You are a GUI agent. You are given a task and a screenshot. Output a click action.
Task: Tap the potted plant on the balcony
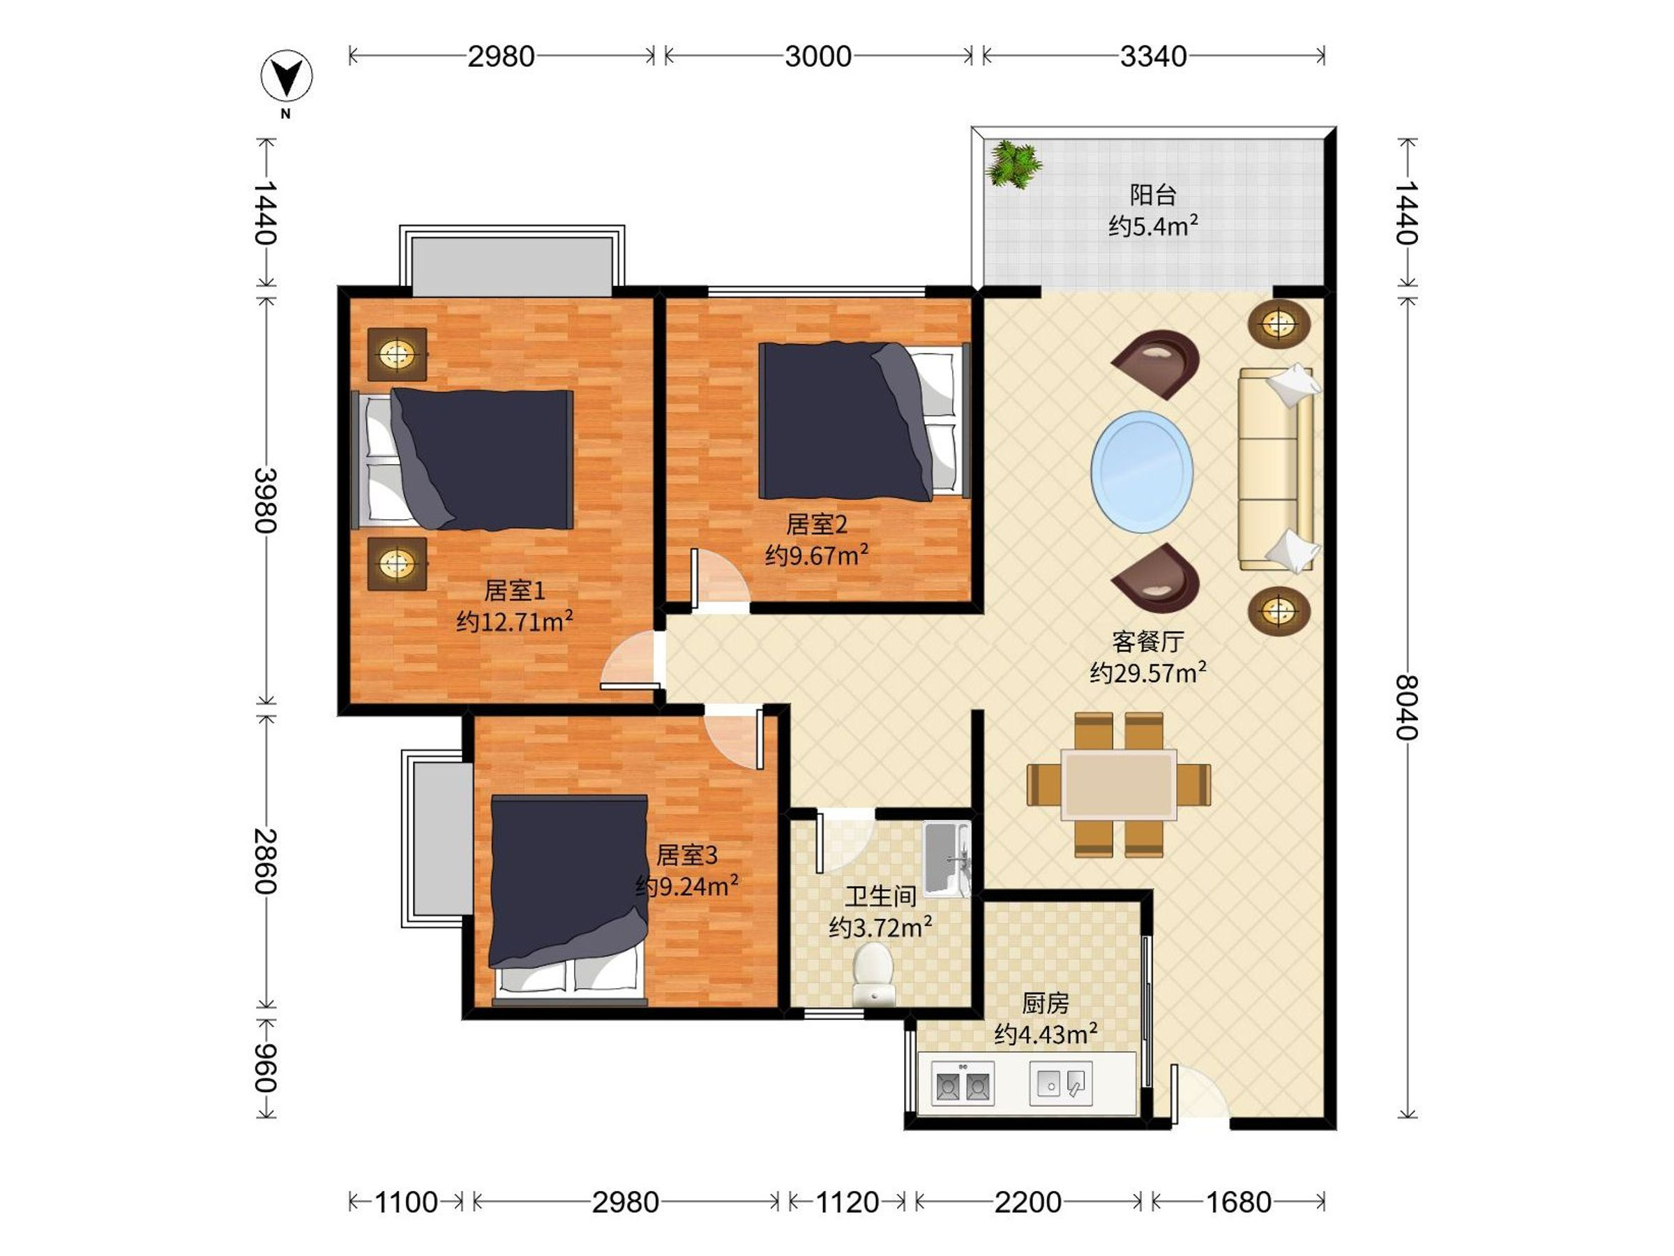(x=1013, y=163)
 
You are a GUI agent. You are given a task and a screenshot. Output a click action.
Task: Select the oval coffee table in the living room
(x=1142, y=472)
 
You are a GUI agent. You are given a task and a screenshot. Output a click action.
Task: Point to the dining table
(x=1119, y=784)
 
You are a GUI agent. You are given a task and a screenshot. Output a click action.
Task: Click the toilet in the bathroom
(x=874, y=973)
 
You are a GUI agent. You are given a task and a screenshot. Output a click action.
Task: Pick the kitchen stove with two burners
(x=963, y=1084)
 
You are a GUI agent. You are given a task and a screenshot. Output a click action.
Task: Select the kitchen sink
(x=1061, y=1084)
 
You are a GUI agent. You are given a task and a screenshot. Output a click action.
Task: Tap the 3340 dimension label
(x=1154, y=57)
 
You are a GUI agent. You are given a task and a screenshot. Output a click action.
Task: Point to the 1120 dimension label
(x=847, y=1202)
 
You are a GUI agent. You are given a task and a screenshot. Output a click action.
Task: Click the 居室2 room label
(x=817, y=524)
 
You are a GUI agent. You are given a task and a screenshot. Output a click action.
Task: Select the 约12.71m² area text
(x=515, y=622)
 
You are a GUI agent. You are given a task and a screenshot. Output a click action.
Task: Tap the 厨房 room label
(x=1046, y=1003)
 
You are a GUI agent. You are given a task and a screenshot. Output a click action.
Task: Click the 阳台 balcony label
(x=1154, y=195)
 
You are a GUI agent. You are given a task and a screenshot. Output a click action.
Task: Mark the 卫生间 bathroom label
(x=881, y=897)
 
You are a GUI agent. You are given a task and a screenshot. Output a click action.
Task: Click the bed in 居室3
(x=568, y=899)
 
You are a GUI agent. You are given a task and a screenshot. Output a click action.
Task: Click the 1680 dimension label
(x=1238, y=1202)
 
